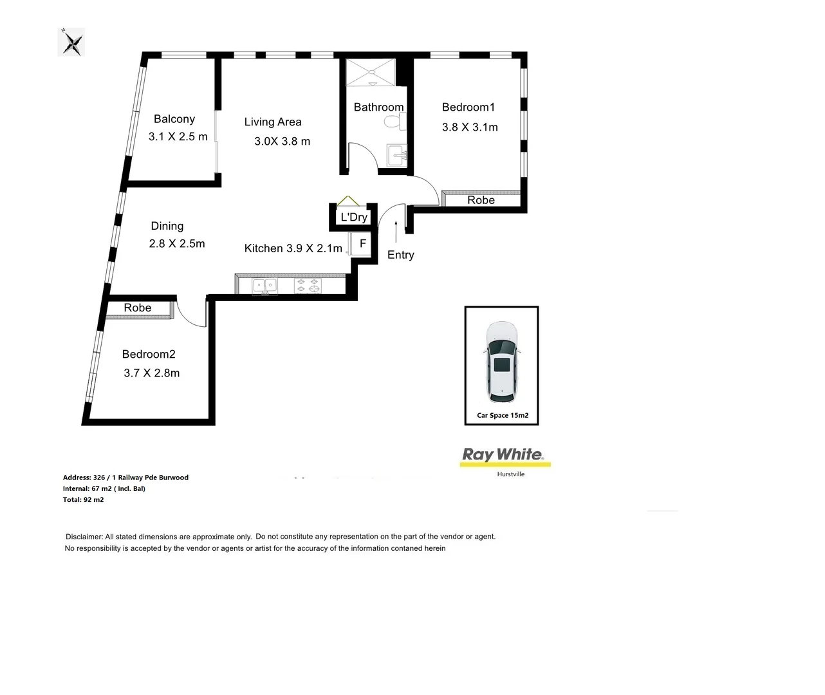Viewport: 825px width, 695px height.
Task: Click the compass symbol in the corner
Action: (71, 43)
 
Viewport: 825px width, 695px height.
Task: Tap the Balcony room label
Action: (174, 119)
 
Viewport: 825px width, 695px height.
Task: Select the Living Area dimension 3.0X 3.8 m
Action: (282, 142)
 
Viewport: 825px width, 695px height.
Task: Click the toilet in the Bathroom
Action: (401, 121)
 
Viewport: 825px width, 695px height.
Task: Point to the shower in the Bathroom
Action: (371, 72)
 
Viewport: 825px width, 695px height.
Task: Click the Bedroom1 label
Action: (468, 107)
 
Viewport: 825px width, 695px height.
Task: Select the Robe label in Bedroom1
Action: (481, 200)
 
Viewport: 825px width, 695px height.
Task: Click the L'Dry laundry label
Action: (354, 217)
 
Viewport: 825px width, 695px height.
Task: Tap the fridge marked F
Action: (362, 244)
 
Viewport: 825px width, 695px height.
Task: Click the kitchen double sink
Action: (264, 284)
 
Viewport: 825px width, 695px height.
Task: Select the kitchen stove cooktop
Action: (307, 284)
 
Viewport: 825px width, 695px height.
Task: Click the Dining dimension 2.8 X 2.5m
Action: (177, 244)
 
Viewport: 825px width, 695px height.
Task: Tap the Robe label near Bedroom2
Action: (138, 308)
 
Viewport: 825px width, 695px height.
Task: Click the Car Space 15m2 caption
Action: (502, 416)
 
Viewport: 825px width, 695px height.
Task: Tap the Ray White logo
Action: (503, 455)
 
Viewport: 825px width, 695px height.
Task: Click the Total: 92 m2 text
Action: (83, 500)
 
